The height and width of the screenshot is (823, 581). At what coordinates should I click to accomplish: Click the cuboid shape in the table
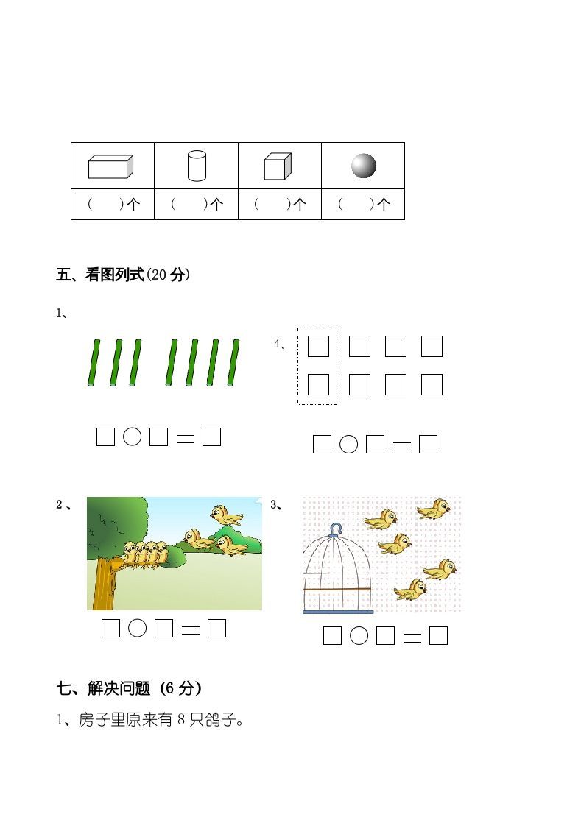point(110,166)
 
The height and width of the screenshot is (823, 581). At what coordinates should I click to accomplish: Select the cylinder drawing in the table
point(197,166)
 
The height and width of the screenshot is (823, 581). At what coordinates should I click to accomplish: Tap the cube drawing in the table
point(278,166)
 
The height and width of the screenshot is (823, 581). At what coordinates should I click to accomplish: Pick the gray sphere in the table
point(363,166)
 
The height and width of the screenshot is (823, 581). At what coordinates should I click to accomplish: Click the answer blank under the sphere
point(363,205)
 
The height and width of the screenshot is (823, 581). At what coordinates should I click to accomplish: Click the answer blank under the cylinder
point(196,205)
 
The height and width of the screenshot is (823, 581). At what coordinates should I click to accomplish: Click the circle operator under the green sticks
point(132,437)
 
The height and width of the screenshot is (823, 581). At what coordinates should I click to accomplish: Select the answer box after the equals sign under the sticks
point(212,437)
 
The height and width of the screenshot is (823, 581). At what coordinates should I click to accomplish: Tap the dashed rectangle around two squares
point(318,366)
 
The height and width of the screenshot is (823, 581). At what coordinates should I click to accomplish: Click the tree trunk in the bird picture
point(105,585)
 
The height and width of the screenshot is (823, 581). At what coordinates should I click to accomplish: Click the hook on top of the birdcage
point(337,529)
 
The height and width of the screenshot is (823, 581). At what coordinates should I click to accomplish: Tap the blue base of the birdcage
point(338,611)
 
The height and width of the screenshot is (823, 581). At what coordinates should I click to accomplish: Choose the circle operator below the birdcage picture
point(359,635)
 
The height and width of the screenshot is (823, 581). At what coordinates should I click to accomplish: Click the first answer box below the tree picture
point(110,628)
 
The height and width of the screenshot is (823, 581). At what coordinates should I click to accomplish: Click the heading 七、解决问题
point(129,688)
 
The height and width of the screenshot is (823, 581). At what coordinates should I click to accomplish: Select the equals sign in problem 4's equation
point(402,445)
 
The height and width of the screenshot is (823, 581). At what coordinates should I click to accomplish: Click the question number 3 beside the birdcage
point(274,504)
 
